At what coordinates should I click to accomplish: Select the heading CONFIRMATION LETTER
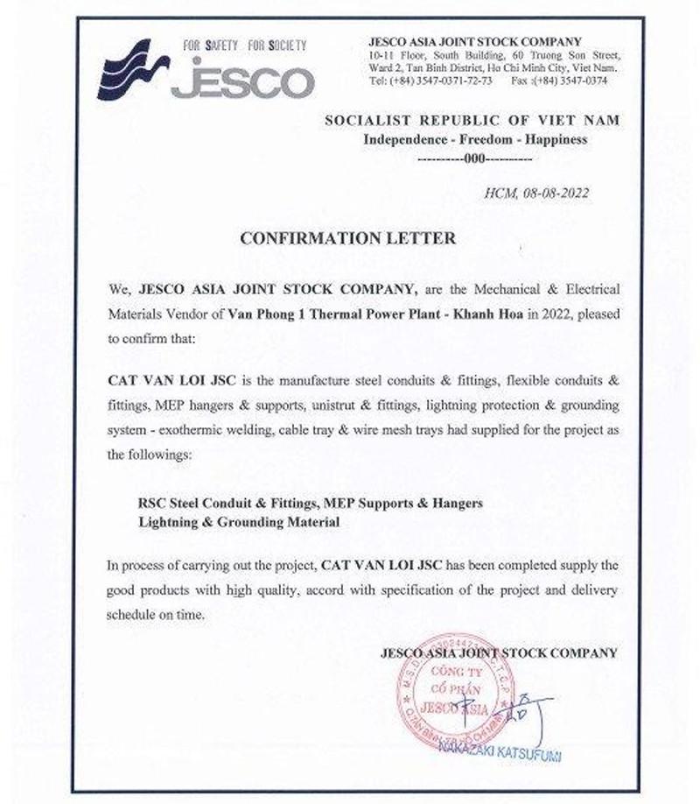[348, 237]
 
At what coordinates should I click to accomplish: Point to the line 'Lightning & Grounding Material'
[238, 522]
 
